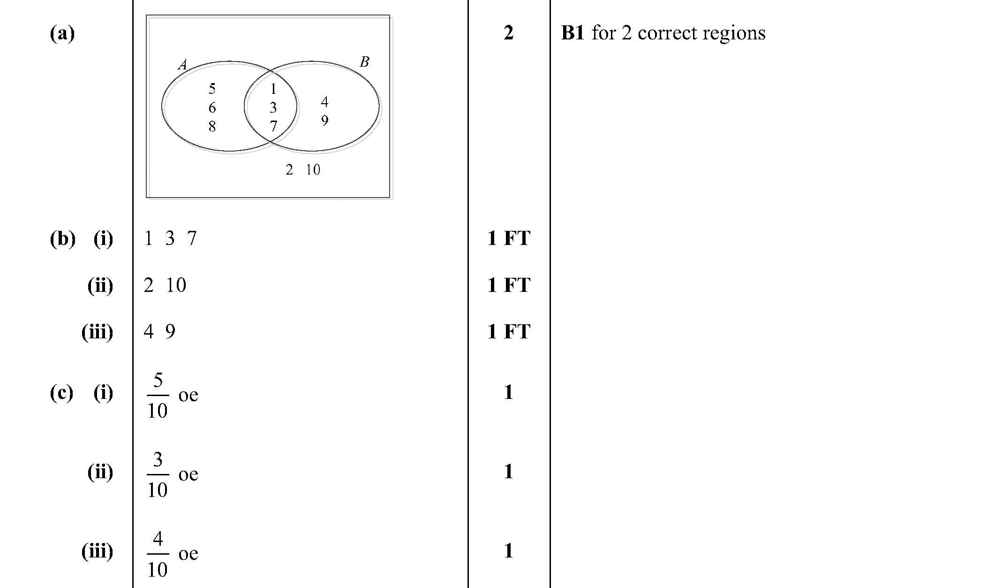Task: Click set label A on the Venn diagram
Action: tap(182, 65)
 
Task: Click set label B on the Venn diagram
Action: tap(364, 61)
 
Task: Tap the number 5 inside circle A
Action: tap(212, 88)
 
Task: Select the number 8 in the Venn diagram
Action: tap(212, 126)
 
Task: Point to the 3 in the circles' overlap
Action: tap(273, 107)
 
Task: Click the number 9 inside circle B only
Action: tap(324, 121)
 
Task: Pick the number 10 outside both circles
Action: tap(313, 169)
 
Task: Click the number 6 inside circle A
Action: tap(212, 107)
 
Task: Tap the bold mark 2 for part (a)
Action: tap(509, 33)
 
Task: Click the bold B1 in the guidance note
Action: tap(573, 33)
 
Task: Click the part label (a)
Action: tap(62, 33)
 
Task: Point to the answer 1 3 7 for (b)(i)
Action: tap(170, 238)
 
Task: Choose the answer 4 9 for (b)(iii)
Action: tap(159, 332)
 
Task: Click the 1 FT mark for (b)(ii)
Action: tap(509, 285)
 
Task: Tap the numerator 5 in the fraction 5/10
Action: tap(158, 381)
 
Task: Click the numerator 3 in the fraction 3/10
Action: tap(158, 460)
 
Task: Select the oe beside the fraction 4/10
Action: tap(188, 554)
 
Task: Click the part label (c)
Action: tap(61, 393)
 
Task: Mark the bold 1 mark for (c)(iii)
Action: tap(509, 550)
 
